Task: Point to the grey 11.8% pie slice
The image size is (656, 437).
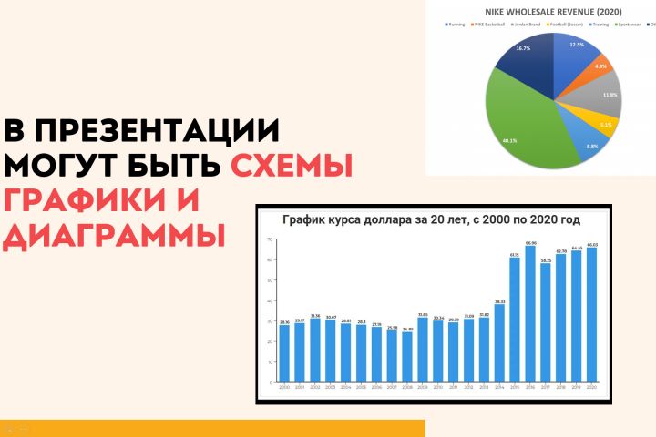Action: coord(606,96)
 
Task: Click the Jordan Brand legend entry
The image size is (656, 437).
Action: coord(527,25)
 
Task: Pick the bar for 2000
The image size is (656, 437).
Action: coord(284,352)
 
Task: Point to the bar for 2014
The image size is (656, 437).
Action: coord(499,342)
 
